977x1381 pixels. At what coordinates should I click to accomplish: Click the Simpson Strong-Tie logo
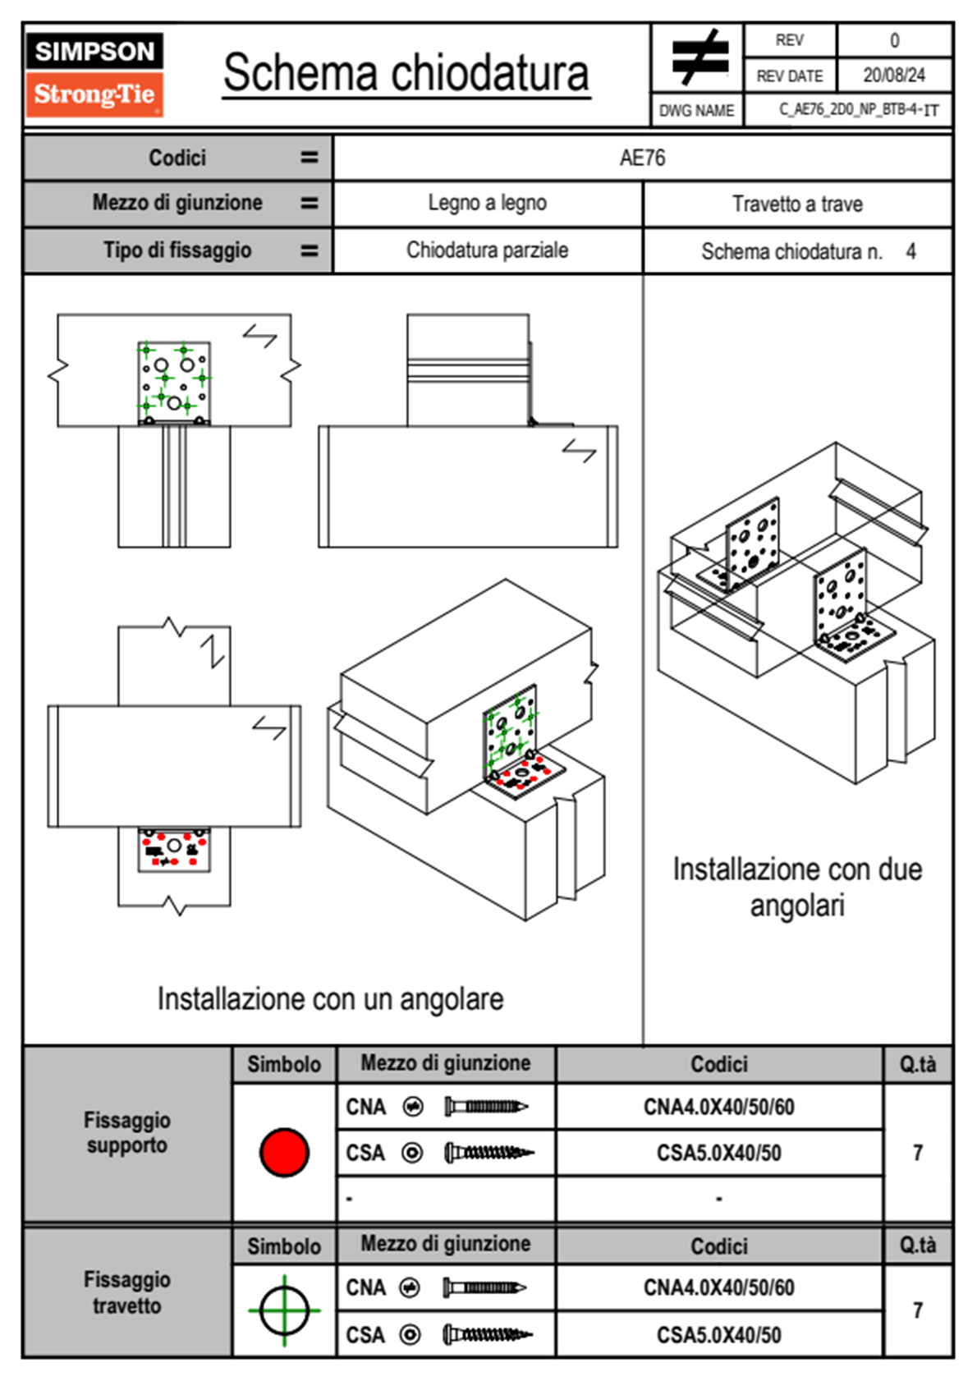tap(94, 74)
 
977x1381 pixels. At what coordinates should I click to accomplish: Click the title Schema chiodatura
tap(406, 73)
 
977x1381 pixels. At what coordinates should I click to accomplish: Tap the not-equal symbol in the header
tap(699, 57)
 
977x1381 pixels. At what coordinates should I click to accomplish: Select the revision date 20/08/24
tap(894, 76)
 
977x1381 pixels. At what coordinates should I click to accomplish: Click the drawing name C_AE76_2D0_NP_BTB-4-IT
tap(858, 110)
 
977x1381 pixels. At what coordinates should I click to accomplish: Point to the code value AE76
tap(642, 158)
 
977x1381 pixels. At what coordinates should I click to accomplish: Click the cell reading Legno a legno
tap(487, 203)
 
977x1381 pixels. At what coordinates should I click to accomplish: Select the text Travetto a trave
tap(797, 204)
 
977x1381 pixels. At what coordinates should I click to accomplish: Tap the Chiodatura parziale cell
tap(487, 250)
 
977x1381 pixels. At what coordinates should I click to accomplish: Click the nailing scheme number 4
tap(910, 251)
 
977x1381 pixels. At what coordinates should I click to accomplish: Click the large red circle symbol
tap(284, 1152)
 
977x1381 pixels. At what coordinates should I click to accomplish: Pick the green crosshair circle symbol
tap(284, 1310)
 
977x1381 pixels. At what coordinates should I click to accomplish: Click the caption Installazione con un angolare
tap(330, 999)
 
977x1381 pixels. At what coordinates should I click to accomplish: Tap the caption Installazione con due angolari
tap(797, 887)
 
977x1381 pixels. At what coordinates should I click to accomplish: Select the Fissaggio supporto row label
tap(127, 1132)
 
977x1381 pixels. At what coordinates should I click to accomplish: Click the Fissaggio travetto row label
tap(127, 1292)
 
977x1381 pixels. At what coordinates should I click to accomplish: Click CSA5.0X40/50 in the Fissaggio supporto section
tap(718, 1153)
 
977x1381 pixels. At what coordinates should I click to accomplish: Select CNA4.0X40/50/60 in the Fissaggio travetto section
tap(718, 1287)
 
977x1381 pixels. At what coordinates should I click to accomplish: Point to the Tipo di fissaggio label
tap(177, 250)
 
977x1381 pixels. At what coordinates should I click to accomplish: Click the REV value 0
tap(894, 40)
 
